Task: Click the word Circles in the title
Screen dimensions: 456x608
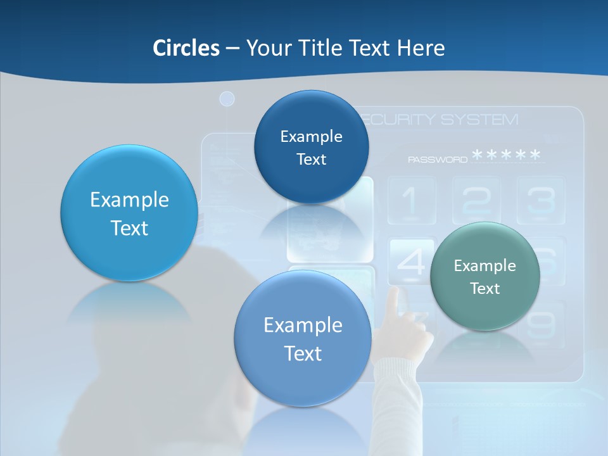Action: click(x=186, y=48)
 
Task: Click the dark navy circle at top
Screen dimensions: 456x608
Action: click(x=311, y=147)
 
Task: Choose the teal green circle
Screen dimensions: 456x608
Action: click(x=485, y=276)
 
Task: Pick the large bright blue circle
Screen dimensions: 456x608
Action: click(x=129, y=213)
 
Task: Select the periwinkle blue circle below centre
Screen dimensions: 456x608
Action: click(x=303, y=338)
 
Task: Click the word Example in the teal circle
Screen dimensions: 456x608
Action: click(x=485, y=266)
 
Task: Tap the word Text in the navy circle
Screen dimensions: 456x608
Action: click(x=311, y=160)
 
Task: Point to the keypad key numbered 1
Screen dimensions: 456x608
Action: click(x=411, y=201)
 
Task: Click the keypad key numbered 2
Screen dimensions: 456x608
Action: click(x=476, y=201)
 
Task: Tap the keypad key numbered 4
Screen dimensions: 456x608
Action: click(x=410, y=262)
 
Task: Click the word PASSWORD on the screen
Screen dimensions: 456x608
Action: click(x=437, y=160)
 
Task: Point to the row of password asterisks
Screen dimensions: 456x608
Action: click(x=507, y=155)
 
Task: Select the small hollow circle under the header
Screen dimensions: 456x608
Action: click(x=227, y=99)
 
